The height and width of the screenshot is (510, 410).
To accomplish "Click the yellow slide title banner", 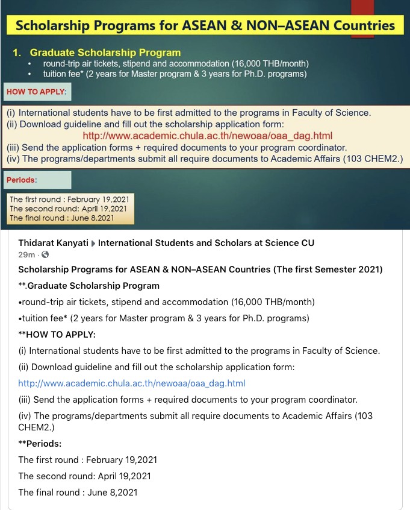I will (205, 25).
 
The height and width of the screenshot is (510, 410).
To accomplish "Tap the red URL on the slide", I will (207, 136).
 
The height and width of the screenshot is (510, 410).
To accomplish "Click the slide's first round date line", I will (69, 200).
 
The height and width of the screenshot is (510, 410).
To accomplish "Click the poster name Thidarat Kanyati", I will (52, 243).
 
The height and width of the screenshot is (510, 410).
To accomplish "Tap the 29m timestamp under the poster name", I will (25, 255).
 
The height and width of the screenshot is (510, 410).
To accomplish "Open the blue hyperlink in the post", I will (132, 383).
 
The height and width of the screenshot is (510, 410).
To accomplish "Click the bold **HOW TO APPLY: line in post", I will (57, 335).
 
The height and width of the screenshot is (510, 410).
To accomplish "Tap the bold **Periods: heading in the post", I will (40, 443).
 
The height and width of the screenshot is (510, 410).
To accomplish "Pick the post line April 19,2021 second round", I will (85, 476).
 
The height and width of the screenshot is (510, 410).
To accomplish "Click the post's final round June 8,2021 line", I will (78, 493).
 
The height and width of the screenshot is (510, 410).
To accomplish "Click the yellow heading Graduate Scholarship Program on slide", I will (105, 53).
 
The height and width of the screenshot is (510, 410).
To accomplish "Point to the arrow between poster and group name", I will (93, 243).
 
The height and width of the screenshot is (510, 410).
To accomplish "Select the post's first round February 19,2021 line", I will (87, 460).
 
